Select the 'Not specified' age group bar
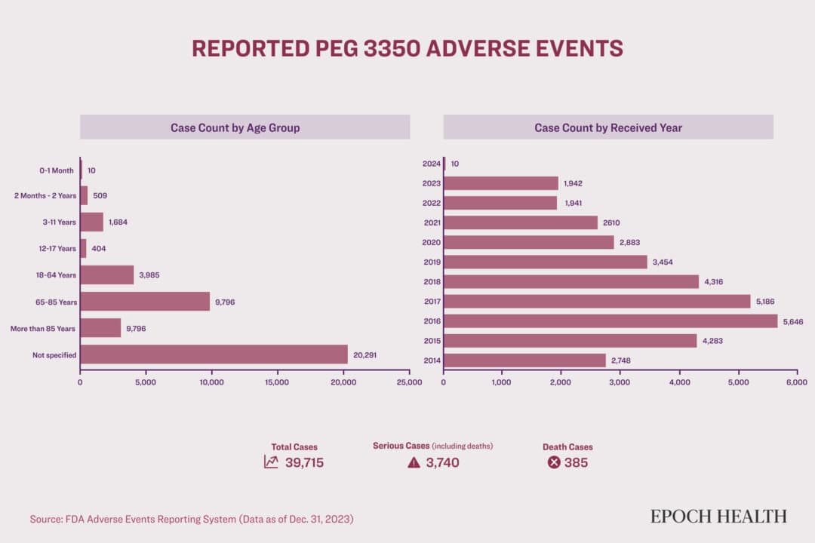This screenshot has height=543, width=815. point(214,354)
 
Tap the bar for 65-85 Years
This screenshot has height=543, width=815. point(145,302)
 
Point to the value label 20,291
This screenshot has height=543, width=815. point(366,354)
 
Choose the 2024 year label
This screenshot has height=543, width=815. point(432,164)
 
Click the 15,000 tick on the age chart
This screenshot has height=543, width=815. point(277,382)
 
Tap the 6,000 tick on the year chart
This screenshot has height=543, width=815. point(797,382)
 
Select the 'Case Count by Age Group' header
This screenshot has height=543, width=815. point(244,127)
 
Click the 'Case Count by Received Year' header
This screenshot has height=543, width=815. point(608,127)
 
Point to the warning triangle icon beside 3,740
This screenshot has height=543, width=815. point(414,462)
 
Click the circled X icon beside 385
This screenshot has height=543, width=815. point(554,462)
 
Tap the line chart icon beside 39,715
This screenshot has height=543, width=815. point(271,462)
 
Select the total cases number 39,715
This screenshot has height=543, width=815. point(304,462)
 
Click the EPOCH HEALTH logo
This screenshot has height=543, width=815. point(718,517)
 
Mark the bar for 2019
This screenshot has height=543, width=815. point(545,262)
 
